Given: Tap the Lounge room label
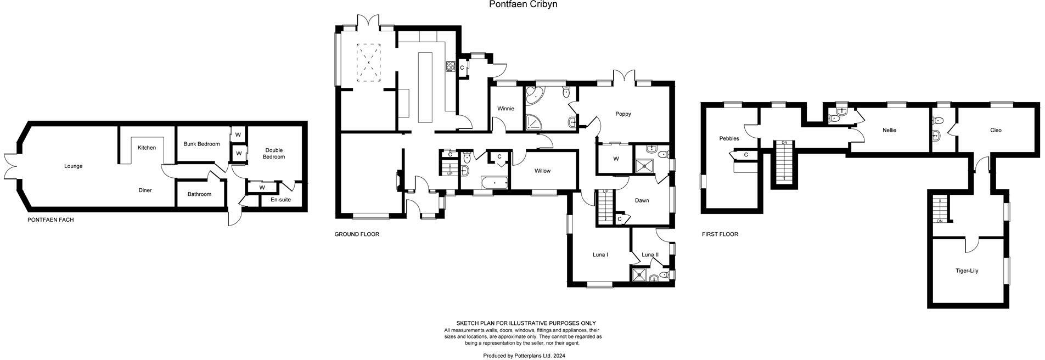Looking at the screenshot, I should [x=73, y=166].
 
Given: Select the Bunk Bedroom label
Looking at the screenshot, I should [x=201, y=144].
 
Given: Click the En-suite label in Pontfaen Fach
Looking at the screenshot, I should [x=280, y=200].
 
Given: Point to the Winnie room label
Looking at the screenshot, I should [x=505, y=109].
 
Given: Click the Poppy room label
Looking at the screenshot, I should [x=623, y=114].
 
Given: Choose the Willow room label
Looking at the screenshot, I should [x=542, y=171].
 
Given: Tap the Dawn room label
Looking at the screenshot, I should [x=642, y=200].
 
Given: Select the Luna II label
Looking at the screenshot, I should [x=650, y=255].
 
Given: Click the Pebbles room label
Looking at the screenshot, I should [x=729, y=139].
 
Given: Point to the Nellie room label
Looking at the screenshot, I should [x=890, y=131].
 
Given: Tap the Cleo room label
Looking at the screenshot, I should [x=996, y=131].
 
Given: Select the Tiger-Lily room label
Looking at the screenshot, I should [x=967, y=271].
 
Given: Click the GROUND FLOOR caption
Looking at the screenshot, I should [x=357, y=234].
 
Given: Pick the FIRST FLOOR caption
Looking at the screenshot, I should [x=720, y=234].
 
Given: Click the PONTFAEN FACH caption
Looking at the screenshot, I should [x=50, y=220].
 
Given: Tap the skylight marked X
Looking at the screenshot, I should [x=369, y=62].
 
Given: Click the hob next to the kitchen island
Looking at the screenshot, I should [x=451, y=66].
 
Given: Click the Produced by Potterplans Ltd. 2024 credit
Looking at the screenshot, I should [x=524, y=356].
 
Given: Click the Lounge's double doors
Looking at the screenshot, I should [x=10, y=166].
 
